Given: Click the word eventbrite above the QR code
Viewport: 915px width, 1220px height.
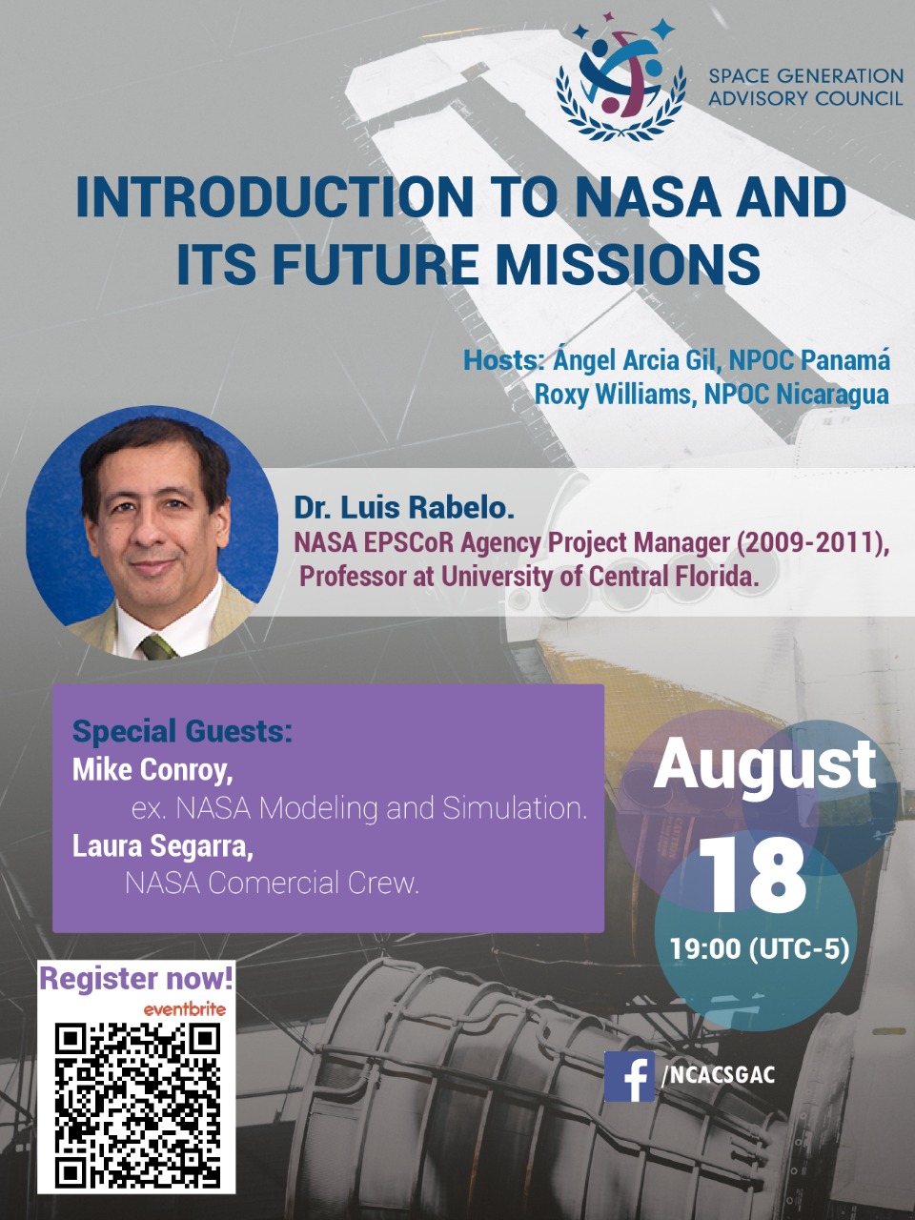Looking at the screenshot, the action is tap(185, 1009).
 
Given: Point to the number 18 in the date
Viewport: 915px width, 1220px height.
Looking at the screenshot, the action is tap(752, 878).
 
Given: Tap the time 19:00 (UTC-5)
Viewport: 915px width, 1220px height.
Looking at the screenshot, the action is tap(760, 948).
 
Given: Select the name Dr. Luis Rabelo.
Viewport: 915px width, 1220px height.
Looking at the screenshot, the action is tap(404, 508).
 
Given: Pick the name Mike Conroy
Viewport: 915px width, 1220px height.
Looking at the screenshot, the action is tap(152, 771).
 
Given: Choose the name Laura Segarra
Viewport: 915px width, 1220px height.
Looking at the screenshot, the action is tap(163, 847).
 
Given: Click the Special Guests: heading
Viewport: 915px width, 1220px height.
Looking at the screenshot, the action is tap(182, 731).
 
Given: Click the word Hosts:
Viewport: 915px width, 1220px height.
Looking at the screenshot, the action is tap(503, 360).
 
